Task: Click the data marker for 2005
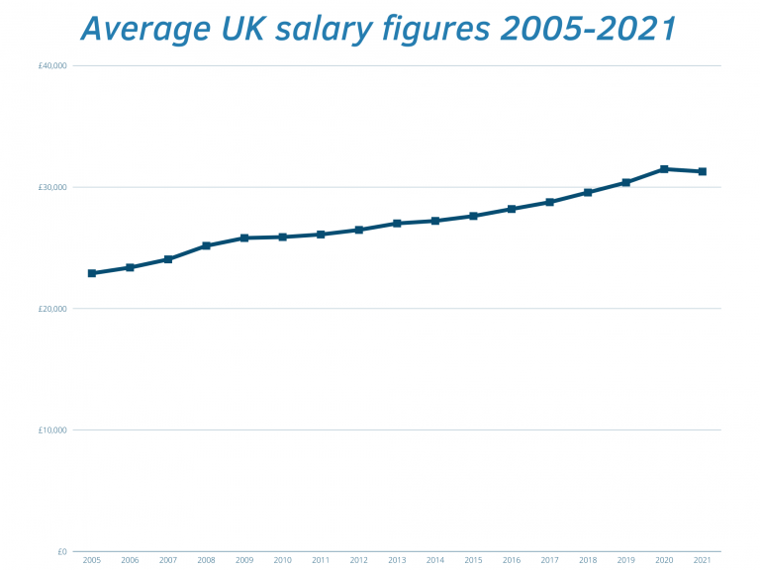92,273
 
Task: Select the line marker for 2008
206,245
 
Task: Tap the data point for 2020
664,169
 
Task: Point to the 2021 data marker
702,171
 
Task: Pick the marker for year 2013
397,224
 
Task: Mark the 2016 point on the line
512,209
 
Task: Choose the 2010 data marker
282,237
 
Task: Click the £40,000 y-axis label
50,65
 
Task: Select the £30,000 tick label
50,187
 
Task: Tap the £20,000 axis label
50,309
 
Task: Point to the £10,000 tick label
50,430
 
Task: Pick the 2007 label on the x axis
168,561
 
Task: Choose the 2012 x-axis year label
358,561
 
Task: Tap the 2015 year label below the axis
473,561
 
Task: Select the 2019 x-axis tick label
625,561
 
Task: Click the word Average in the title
142,29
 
